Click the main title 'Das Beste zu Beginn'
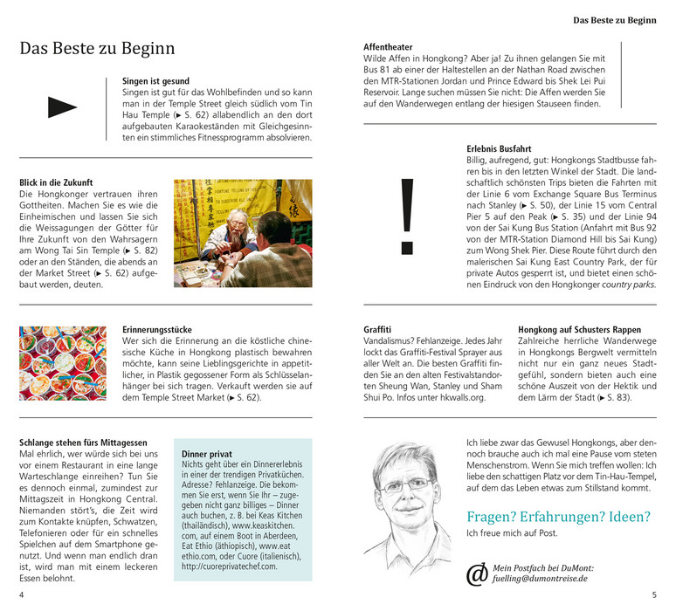click(x=97, y=49)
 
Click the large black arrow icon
click(x=61, y=107)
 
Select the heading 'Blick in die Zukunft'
click(x=56, y=182)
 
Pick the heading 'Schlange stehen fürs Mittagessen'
click(x=83, y=443)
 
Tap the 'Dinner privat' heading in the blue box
click(x=207, y=454)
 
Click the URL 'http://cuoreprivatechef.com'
click(x=230, y=566)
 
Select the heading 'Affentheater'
click(x=388, y=46)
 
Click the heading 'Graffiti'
click(x=377, y=330)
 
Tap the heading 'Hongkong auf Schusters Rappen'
click(x=578, y=330)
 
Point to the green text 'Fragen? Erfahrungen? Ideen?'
click(x=557, y=516)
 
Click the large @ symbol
click(x=477, y=573)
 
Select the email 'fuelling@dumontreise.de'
click(x=541, y=578)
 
